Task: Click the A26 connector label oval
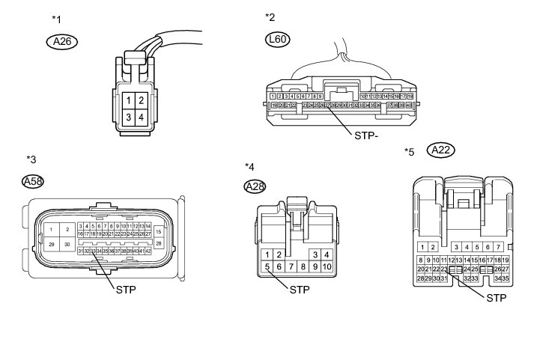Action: pos(63,42)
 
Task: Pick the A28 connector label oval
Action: pos(256,186)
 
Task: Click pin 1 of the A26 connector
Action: pos(130,100)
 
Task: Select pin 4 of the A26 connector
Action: pos(141,117)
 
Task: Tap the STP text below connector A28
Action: pos(300,289)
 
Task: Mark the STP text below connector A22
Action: pos(496,298)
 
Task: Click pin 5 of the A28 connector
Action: pos(266,266)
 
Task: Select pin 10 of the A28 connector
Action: pos(327,266)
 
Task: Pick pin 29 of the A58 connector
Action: pos(51,245)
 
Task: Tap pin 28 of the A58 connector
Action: pos(158,243)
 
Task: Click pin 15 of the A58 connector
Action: pos(158,231)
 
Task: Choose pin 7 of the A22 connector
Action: pos(497,247)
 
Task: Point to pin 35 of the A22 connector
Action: pos(506,278)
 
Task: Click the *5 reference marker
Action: pos(409,152)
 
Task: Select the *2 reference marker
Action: pos(270,16)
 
